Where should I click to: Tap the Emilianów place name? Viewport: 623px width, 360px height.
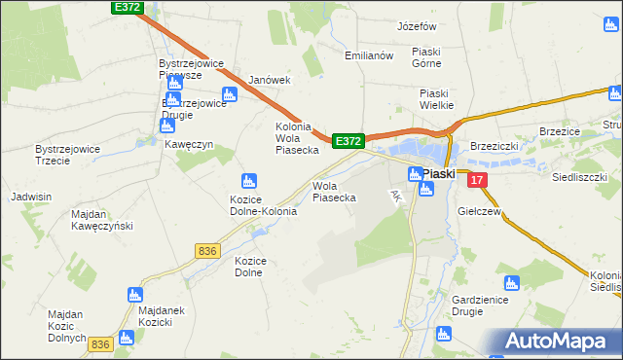[x=368, y=55]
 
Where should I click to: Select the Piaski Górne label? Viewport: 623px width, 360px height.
[x=426, y=57]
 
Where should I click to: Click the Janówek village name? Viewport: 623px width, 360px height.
[x=270, y=80]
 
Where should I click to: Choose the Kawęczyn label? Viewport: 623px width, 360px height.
[x=189, y=144]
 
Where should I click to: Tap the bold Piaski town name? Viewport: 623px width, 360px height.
[x=440, y=173]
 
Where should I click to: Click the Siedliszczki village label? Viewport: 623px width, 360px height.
[x=580, y=178]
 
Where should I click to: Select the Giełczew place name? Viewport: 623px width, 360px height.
[x=478, y=210]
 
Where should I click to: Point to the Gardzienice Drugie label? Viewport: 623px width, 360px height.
[x=481, y=305]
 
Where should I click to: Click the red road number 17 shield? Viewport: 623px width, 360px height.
[x=475, y=180]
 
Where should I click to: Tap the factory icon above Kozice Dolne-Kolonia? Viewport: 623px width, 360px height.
[x=248, y=180]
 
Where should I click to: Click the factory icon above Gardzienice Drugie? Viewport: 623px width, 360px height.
[x=512, y=284]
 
